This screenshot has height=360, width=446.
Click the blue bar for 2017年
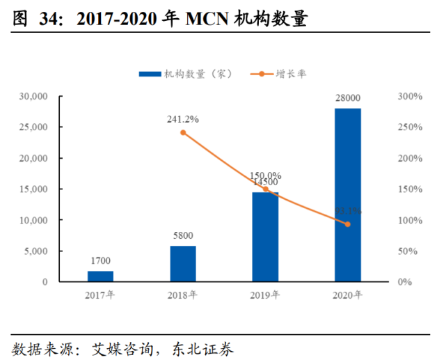click(x=101, y=276)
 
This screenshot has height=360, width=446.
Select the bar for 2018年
click(x=183, y=264)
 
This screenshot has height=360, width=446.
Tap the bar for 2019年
click(x=265, y=237)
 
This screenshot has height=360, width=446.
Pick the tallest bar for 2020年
click(x=347, y=195)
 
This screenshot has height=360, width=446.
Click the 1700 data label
click(x=101, y=261)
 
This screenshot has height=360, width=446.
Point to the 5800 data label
click(x=183, y=235)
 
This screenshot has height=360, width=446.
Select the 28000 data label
click(x=347, y=98)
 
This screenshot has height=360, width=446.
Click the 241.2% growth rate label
click(x=182, y=118)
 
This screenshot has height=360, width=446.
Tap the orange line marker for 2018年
click(x=183, y=132)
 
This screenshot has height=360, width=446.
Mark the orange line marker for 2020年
click(x=347, y=224)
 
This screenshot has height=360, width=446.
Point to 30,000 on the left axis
click(x=33, y=96)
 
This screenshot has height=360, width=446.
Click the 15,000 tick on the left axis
click(x=33, y=189)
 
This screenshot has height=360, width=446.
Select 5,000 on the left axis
click(x=35, y=251)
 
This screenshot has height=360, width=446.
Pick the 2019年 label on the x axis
click(x=265, y=295)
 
